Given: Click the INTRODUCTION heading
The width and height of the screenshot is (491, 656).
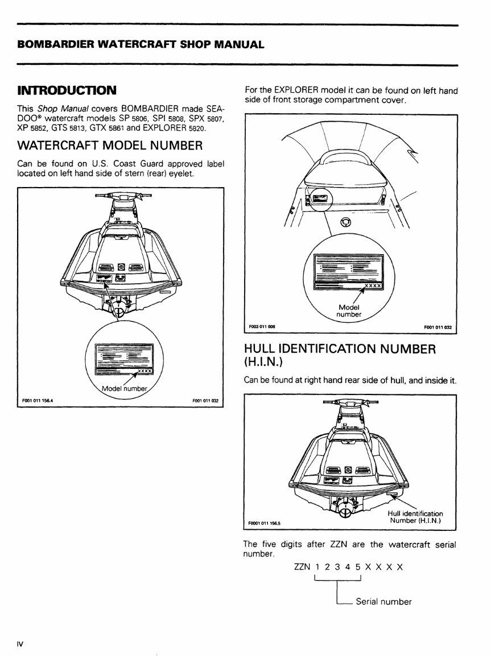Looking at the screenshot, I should point(67,90).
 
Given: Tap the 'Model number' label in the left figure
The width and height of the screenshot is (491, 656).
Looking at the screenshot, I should point(123,389).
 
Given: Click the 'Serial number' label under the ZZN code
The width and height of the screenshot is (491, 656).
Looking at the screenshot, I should point(383,602).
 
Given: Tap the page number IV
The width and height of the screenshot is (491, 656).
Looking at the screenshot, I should point(20,644).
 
